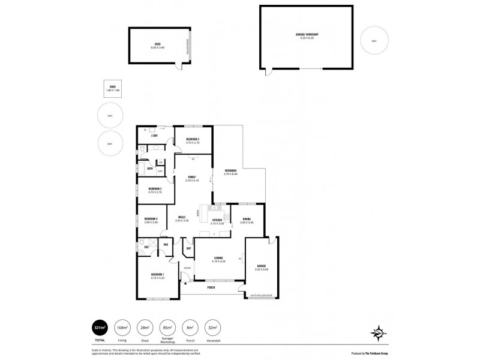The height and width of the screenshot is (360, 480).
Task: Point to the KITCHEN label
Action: coord(217,220)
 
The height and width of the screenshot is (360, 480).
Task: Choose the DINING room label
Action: coord(247,220)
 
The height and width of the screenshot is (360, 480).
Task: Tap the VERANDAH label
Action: coord(230,171)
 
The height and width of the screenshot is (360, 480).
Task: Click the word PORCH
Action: coord(211,287)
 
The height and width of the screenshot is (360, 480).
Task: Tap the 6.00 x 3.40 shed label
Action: coord(157,44)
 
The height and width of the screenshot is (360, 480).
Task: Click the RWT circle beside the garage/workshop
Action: coord(374,41)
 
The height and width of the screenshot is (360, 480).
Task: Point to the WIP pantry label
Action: coord(188,248)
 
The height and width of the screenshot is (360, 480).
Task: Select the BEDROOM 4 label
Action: coord(151,220)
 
